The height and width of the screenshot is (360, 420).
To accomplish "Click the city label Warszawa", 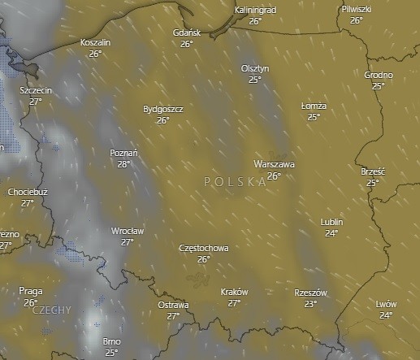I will coord(274,163).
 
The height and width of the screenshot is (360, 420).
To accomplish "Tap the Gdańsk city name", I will coord(187,33).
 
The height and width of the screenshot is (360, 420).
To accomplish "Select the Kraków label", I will coord(234,292).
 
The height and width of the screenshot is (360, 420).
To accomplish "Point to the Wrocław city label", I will coord(128,231).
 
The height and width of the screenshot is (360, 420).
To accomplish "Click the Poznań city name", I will coord(123,152).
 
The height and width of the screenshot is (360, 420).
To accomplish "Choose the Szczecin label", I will coord(35,90).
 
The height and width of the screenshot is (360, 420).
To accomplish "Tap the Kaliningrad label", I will coord(254,9).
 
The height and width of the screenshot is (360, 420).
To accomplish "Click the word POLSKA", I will coord(236,182).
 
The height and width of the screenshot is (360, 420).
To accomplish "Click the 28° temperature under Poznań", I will coord(123,163).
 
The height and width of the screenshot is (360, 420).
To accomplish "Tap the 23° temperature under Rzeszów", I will coord(310,304).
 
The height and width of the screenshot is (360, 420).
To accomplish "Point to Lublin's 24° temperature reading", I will coord(331,233).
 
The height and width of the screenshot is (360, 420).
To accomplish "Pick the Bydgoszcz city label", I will coord(162,108).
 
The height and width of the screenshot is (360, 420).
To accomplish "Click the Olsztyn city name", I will coord(255,68).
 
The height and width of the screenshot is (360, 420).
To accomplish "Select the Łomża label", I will coord(314,106).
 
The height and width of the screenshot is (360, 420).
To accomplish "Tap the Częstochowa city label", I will coord(203,248).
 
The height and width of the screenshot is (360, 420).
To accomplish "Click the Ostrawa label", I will coord(173,305).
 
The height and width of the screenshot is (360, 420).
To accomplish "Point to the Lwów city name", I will coord(386,304).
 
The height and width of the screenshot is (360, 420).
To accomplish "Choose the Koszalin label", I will coord(96,41).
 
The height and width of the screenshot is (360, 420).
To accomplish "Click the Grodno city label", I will coord(379,75).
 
